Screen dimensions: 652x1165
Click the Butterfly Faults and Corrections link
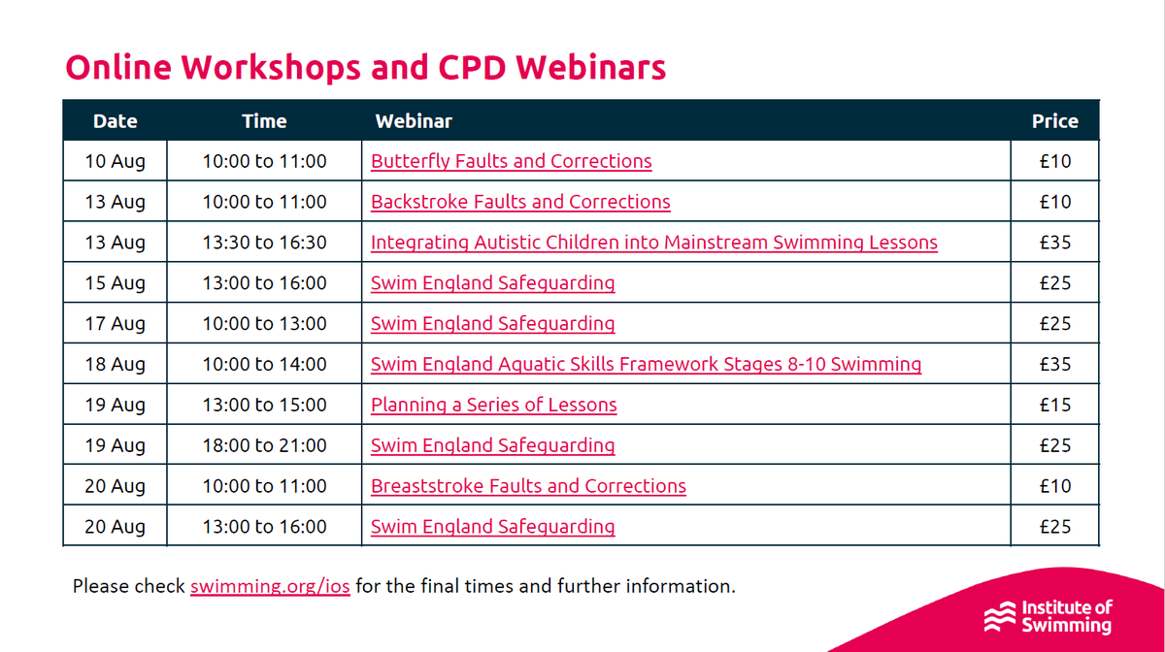tap(511, 161)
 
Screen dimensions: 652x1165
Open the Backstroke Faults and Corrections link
tap(520, 202)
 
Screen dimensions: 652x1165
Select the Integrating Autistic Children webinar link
tap(653, 243)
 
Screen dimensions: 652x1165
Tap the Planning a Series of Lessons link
tap(493, 405)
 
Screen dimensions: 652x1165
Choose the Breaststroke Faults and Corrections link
tap(528, 486)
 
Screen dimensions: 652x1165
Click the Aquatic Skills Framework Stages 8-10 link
tap(646, 365)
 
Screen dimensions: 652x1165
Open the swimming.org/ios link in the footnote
tap(270, 586)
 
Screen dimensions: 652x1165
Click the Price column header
tap(1054, 121)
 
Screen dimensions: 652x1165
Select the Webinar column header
tap(414, 121)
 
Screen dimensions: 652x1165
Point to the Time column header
tap(264, 121)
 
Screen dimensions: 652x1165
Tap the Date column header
tap(115, 121)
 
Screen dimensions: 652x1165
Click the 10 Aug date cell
tap(115, 161)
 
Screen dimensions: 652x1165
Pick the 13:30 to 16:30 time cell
tap(264, 243)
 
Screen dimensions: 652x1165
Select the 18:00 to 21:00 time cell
tap(264, 445)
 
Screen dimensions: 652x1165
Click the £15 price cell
tap(1054, 405)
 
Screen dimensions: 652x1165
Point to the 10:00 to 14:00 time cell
tap(264, 365)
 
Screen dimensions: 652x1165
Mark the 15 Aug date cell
tap(115, 283)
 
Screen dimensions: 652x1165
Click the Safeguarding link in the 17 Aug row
tap(492, 324)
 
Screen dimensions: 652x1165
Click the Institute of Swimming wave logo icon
tap(999, 615)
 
